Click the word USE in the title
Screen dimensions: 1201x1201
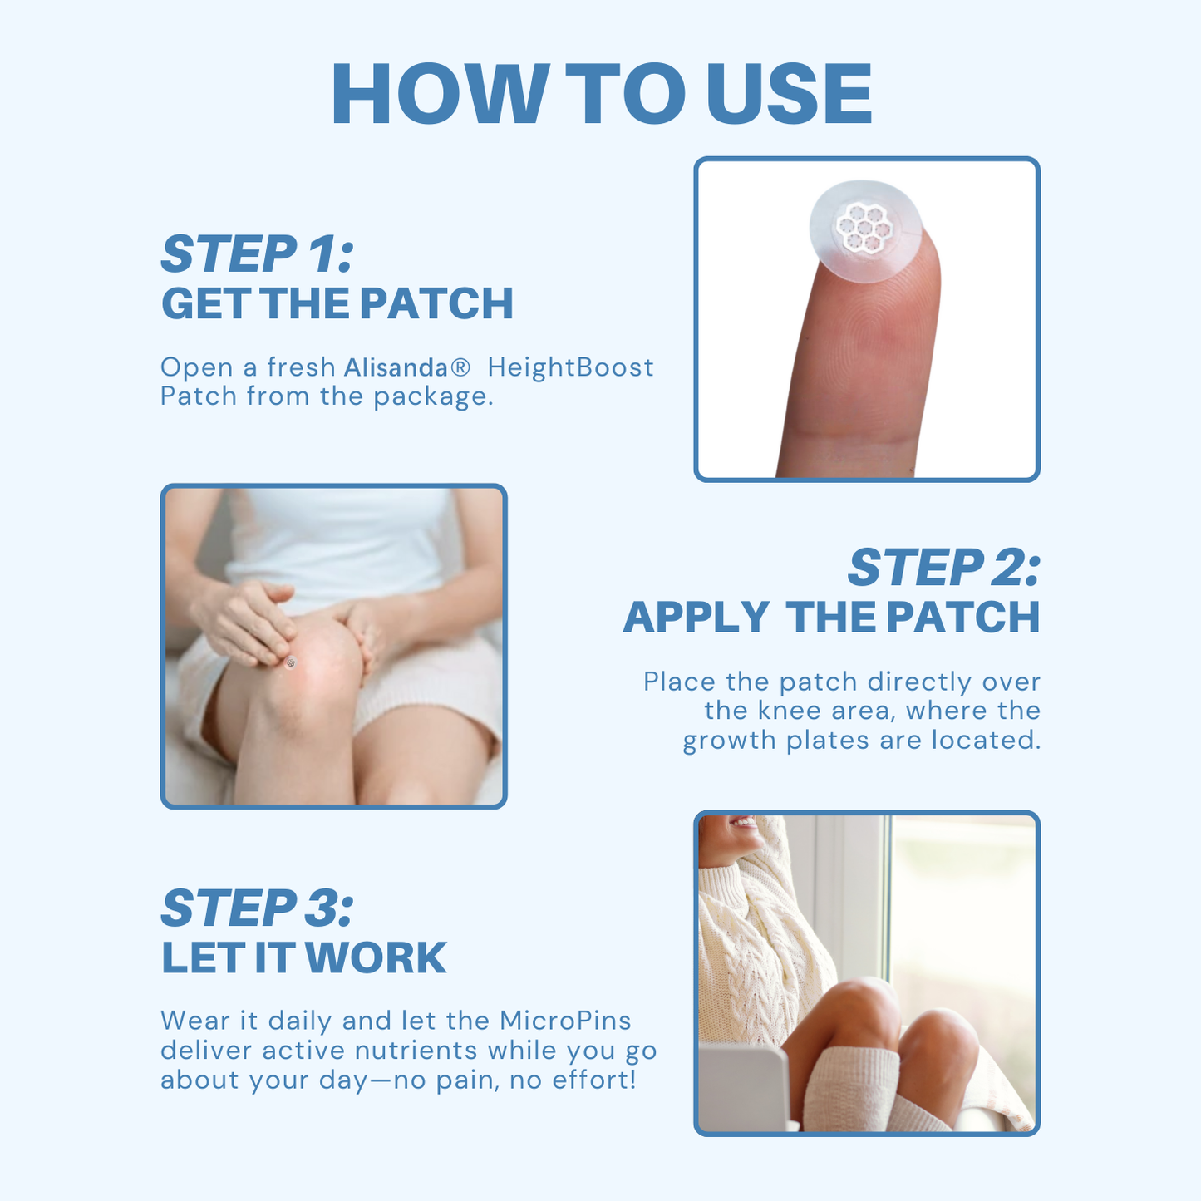[x=790, y=94]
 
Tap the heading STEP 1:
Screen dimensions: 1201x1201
[x=257, y=254]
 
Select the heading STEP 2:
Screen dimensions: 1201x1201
[x=943, y=569]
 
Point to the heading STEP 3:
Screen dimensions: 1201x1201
[x=257, y=908]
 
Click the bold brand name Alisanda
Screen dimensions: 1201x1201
[x=396, y=368]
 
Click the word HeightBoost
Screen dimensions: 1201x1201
[x=570, y=367]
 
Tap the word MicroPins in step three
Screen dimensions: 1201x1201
[x=565, y=1021]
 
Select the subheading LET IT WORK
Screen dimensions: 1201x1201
[x=303, y=958]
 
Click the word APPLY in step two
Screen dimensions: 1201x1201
[x=696, y=618]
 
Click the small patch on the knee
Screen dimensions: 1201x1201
[x=291, y=662]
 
